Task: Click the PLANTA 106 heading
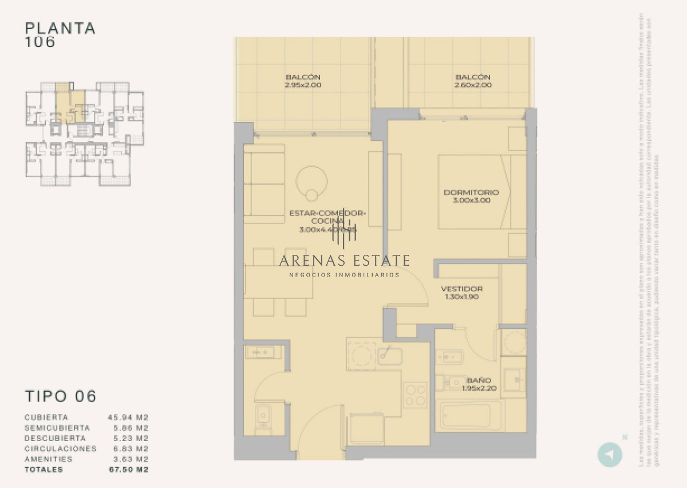tap(60, 34)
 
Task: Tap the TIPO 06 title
tap(61, 396)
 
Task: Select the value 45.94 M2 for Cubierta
tap(128, 418)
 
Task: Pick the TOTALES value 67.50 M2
tap(128, 470)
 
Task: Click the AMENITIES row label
tap(49, 459)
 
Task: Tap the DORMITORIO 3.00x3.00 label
tap(471, 196)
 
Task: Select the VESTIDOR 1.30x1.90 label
tap(461, 293)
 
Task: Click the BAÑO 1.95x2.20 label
tap(479, 384)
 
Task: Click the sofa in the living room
tap(264, 183)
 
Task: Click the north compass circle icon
tap(610, 455)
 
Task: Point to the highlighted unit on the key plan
tap(69, 106)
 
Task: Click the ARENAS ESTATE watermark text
tap(344, 261)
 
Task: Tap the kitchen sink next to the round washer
tap(390, 356)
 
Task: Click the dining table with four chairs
tap(279, 282)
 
